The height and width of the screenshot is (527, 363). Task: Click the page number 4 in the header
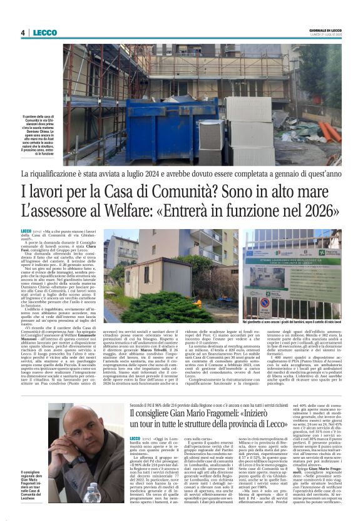[23, 33]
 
